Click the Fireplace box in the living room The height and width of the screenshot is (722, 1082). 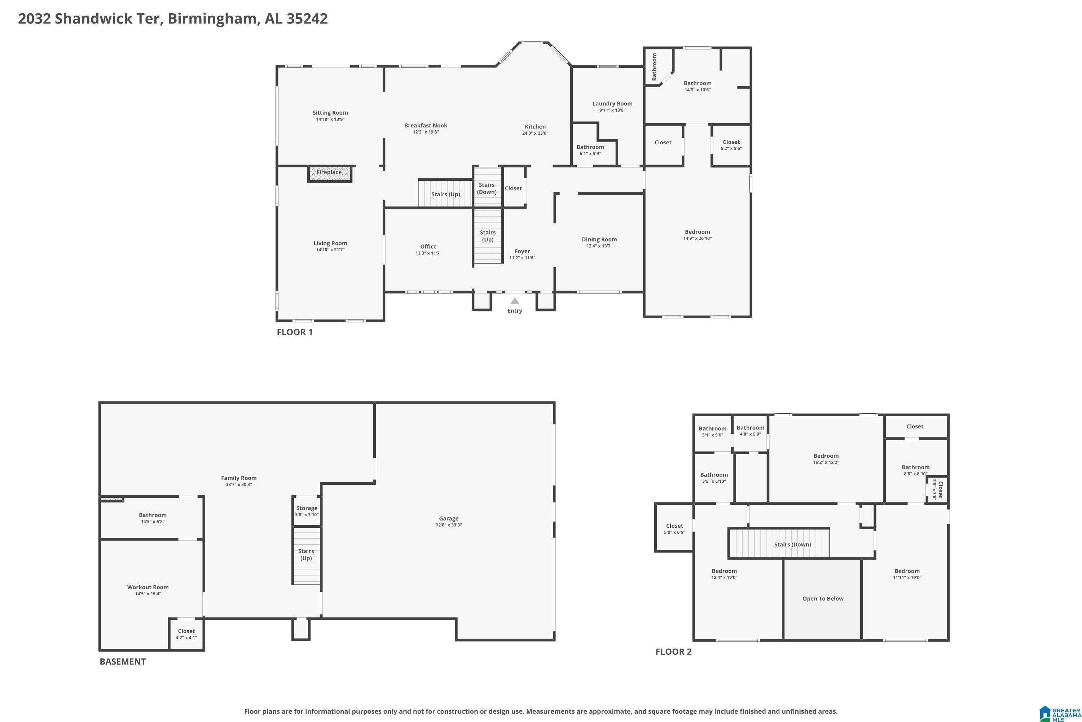pos(329,174)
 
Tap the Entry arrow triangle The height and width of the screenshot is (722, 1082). pos(515,301)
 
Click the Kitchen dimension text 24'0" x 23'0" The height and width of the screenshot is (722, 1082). pos(535,134)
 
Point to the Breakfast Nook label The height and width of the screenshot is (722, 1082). pos(426,125)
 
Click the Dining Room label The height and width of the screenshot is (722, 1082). pos(599,239)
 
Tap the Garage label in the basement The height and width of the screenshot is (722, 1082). pos(449,518)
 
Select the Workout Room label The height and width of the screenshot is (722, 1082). pos(148,587)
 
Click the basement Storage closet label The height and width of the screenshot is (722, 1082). pos(306,508)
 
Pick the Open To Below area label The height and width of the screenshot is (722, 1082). pos(823,599)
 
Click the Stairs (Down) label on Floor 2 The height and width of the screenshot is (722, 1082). pos(792,544)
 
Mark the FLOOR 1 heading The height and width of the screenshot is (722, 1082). pos(294,332)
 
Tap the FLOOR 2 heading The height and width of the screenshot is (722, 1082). pos(673,652)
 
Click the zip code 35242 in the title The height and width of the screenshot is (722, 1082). pos(307,18)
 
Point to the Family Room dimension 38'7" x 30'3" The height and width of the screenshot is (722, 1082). pos(238,485)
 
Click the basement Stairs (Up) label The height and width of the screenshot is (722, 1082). pos(306,554)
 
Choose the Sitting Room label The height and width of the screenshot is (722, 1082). pos(330,113)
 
